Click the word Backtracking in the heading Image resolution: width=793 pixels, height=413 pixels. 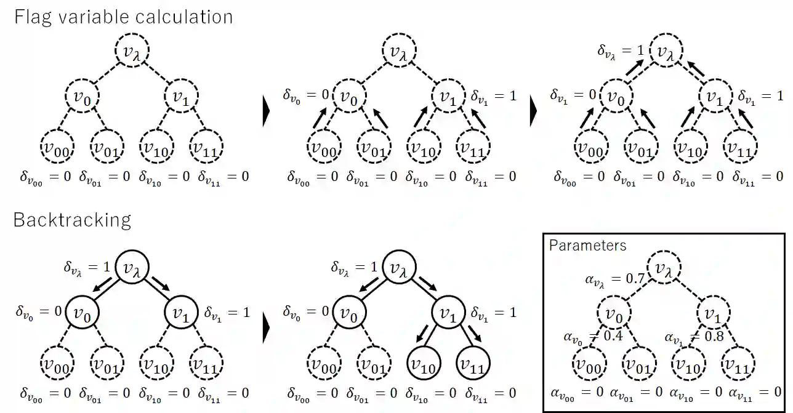72,220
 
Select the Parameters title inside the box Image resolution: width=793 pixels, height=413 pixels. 587,245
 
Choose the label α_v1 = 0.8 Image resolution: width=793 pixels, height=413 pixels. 694,337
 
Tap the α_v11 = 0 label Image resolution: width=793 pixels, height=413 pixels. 755,391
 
